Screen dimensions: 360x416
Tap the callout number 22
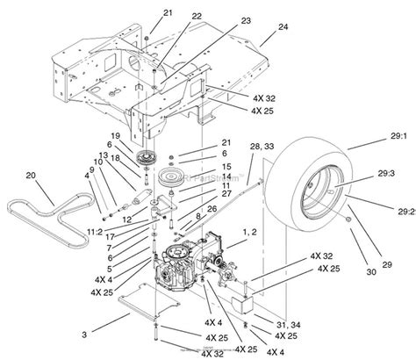pyautogui.click(x=196, y=16)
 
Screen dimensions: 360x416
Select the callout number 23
pyautogui.click(x=220, y=21)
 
